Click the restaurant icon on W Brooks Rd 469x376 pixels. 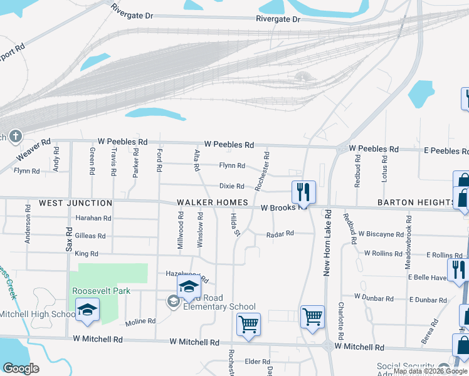point(303,191)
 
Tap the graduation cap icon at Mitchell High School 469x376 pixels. point(88,310)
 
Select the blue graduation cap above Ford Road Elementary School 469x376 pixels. point(188,288)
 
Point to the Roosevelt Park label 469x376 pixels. point(101,291)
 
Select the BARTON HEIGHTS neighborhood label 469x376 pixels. point(416,203)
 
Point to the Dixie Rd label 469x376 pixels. point(231,186)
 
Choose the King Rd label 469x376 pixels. point(87,254)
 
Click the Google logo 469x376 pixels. point(21,368)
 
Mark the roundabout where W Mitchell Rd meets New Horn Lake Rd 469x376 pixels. point(328,345)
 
